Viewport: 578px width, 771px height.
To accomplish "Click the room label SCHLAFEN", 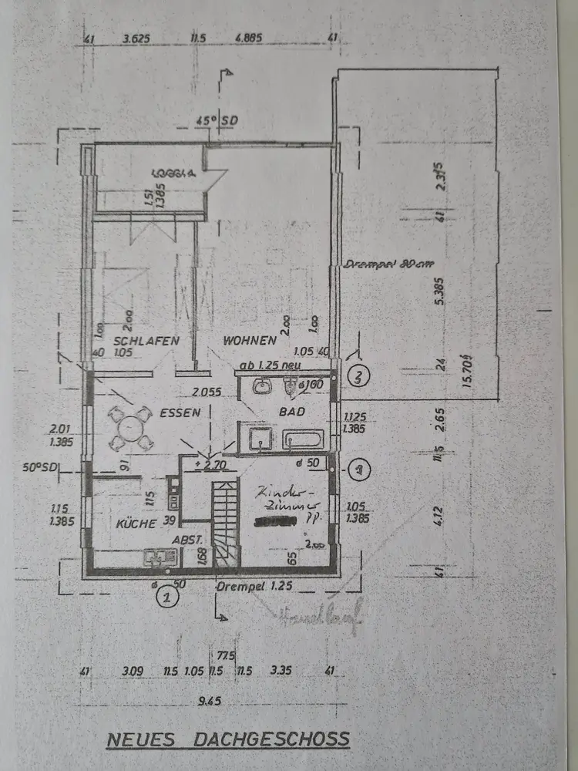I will point(146,341).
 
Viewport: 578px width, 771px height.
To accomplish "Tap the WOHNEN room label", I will point(250,340).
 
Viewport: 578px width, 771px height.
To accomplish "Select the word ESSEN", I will point(181,412).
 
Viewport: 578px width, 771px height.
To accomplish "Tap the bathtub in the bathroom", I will point(307,440).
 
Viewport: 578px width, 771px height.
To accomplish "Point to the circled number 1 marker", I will point(163,594).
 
